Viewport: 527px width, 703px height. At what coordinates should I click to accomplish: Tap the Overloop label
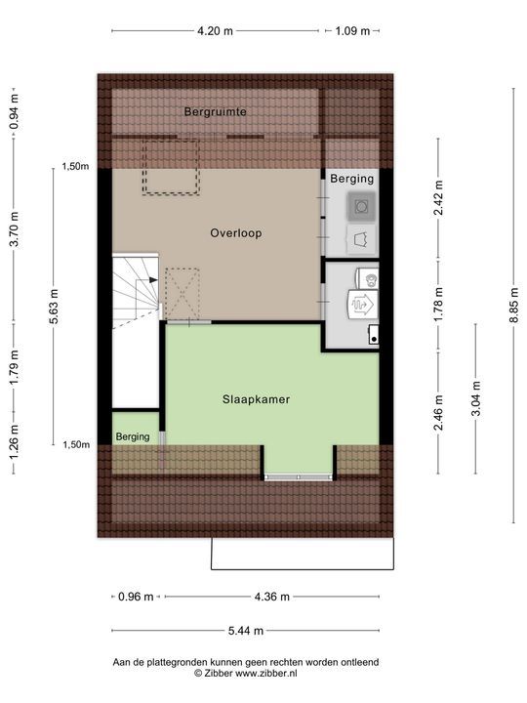[236, 233]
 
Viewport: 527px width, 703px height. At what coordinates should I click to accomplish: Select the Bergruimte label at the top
[215, 112]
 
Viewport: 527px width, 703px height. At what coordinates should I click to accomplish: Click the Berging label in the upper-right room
[351, 180]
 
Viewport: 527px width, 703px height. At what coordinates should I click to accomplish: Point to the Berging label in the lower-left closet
[133, 437]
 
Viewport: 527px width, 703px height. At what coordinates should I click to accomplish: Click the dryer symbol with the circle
[362, 206]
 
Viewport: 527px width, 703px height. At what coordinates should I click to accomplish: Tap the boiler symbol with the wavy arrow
[359, 305]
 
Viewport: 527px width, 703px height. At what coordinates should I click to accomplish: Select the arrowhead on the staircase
[152, 280]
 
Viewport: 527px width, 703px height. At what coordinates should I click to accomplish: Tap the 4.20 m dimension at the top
[215, 31]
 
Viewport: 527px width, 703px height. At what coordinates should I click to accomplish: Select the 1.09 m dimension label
[352, 31]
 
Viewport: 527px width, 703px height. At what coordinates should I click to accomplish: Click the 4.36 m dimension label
[270, 597]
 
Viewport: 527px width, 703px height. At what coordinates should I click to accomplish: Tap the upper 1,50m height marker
[75, 167]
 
